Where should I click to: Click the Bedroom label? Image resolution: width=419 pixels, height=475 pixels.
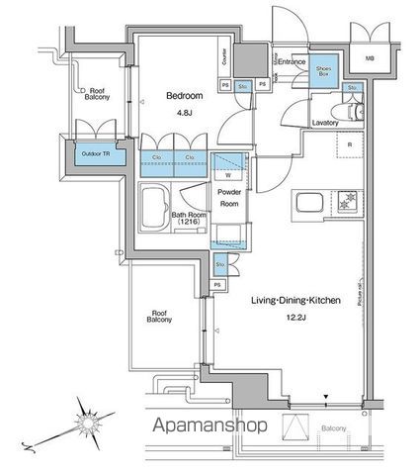[184, 96]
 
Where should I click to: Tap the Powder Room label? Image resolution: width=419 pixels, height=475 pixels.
[229, 196]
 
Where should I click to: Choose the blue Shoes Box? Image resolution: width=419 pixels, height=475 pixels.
[323, 70]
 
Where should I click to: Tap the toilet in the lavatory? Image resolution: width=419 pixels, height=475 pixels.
[355, 110]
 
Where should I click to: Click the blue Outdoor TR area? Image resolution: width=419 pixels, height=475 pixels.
[97, 153]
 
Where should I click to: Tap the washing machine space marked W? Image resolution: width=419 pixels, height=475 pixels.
[228, 174]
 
